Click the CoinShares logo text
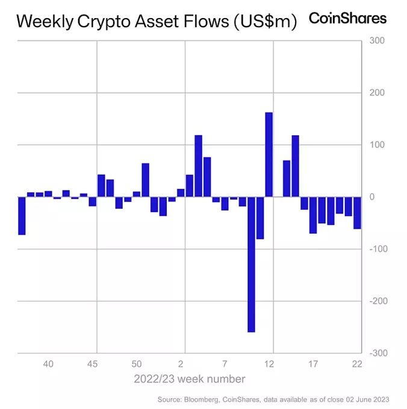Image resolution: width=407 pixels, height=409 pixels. (x=347, y=19)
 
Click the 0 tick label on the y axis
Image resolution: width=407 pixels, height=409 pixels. (x=373, y=197)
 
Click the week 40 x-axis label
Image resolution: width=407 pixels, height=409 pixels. (x=48, y=364)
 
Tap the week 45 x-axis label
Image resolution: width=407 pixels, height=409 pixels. (x=92, y=364)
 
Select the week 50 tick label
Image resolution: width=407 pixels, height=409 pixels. (x=137, y=364)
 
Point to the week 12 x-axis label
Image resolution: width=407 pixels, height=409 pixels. (x=269, y=364)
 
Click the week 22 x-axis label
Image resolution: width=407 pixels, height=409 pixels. (x=357, y=364)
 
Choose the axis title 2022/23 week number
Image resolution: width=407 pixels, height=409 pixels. (x=190, y=379)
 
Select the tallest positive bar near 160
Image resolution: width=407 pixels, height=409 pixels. (x=269, y=154)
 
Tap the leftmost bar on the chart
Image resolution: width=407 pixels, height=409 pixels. (x=22, y=215)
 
